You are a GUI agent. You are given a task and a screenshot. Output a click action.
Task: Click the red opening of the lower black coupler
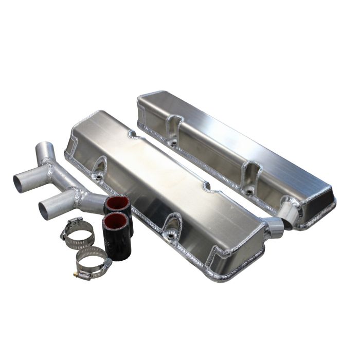tap(114, 222)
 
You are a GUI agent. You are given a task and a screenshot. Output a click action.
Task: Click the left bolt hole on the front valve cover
tap(97, 176)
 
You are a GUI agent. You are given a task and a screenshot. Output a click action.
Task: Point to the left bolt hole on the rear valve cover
tap(174, 140)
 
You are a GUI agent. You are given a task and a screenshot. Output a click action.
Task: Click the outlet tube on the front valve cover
tap(274, 227)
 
